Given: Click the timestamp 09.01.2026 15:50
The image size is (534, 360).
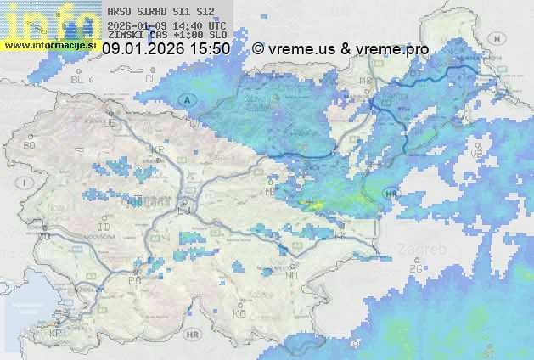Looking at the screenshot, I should click(166, 49).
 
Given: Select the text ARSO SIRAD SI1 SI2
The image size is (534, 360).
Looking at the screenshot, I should click(155, 12).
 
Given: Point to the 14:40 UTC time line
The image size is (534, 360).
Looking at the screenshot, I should click(167, 25).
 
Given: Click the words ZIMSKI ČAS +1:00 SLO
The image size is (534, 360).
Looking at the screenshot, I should click(167, 36).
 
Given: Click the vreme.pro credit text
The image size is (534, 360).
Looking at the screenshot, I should click(391, 49).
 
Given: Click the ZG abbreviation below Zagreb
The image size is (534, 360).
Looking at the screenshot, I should click(415, 269).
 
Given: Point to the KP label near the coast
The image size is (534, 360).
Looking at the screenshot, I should click(56, 334).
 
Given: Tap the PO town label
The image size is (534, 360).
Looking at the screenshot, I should click(134, 280).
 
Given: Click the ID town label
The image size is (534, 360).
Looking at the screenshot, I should click(104, 228).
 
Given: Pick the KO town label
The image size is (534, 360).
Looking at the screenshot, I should click(239, 313).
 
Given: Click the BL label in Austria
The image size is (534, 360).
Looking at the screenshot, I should click(79, 79).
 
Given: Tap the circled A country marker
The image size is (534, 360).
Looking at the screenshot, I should click(186, 99).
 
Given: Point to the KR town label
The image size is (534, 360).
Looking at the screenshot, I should click(155, 149).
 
